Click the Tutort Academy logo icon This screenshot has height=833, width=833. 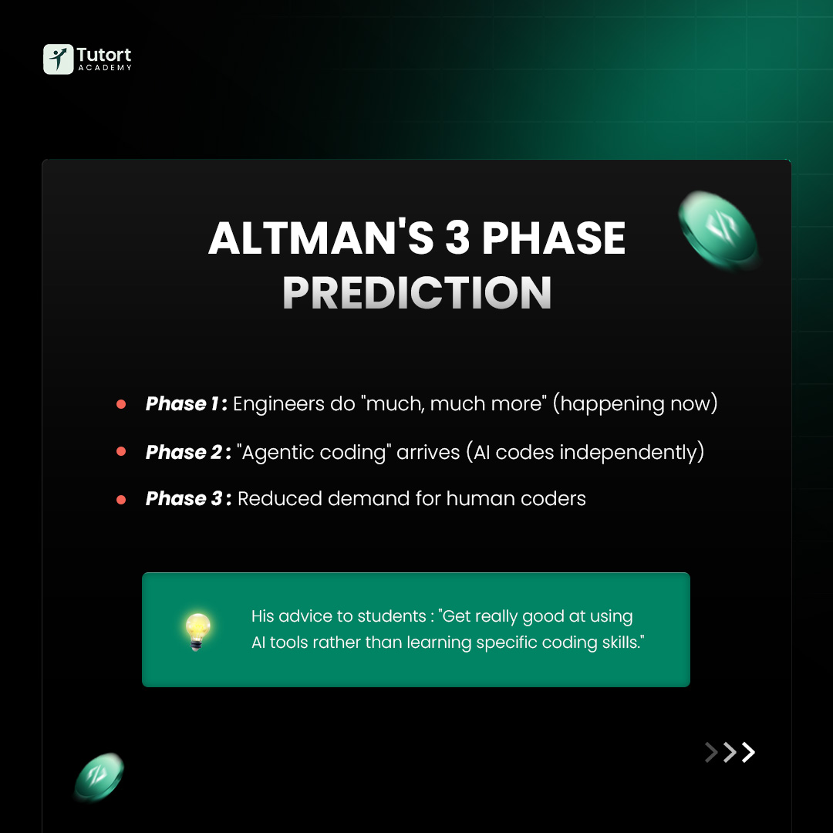58,59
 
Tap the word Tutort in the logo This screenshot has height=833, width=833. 104,55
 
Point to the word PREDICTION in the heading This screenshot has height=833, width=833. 416,292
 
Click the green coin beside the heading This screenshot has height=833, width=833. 718,231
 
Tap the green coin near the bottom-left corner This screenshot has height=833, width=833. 99,777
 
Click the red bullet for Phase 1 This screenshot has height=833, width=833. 121,404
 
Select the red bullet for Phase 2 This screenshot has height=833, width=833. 121,452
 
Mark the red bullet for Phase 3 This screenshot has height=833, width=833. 121,499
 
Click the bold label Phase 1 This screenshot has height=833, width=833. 184,404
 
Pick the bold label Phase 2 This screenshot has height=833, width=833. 187,452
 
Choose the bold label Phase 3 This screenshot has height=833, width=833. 187,499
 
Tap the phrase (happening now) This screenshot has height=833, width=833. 635,404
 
